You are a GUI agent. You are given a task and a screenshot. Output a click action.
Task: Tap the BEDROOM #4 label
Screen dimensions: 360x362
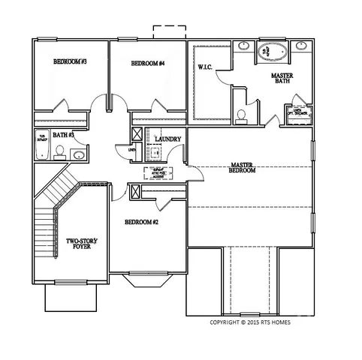coord(148,64)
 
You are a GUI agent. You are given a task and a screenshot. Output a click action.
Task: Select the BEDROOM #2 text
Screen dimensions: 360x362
coord(141,222)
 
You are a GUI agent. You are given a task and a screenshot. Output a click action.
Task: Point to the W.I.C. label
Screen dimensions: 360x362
coord(207,68)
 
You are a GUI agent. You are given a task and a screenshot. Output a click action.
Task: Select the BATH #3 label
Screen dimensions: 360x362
coord(63,136)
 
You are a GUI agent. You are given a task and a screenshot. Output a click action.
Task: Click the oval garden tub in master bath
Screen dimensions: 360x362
coord(269,52)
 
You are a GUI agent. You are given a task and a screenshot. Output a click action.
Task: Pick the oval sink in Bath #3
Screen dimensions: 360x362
coord(78,155)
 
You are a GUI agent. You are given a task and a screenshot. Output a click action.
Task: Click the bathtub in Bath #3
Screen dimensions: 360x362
coord(42,146)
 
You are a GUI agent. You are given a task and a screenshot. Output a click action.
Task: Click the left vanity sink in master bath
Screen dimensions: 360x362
coord(245,46)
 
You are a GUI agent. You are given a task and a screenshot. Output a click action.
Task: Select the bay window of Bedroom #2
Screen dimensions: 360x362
coord(151,282)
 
